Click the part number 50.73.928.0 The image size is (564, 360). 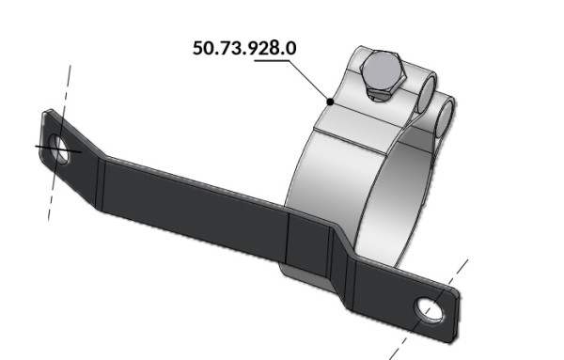click(x=244, y=48)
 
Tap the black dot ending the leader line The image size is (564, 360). click(x=330, y=102)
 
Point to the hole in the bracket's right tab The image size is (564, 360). click(x=430, y=309)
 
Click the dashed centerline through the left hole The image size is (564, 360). click(x=59, y=143)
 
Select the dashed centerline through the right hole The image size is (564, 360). click(x=429, y=309)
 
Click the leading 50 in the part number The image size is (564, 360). click(x=201, y=48)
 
